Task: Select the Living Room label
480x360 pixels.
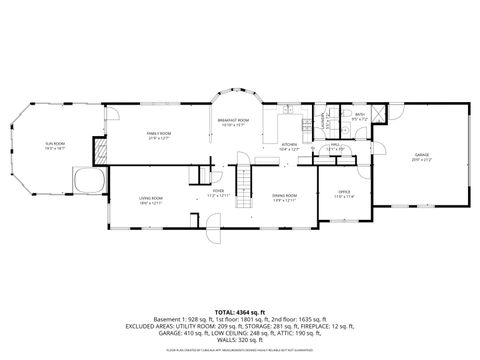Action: (151, 200)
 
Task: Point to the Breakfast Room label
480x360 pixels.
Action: (233, 120)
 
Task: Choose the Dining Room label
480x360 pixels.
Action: (285, 196)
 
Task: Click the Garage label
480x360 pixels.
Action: (422, 155)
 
